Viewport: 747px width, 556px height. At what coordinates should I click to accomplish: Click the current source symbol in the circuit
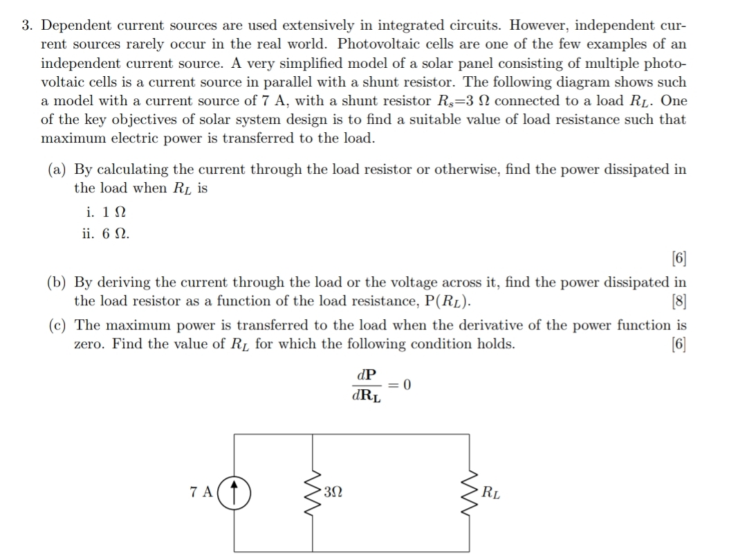[236, 493]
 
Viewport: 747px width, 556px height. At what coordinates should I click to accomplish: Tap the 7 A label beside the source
[201, 493]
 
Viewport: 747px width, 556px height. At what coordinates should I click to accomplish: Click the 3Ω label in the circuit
[333, 493]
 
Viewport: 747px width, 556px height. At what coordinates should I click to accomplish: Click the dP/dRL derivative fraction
[366, 385]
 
